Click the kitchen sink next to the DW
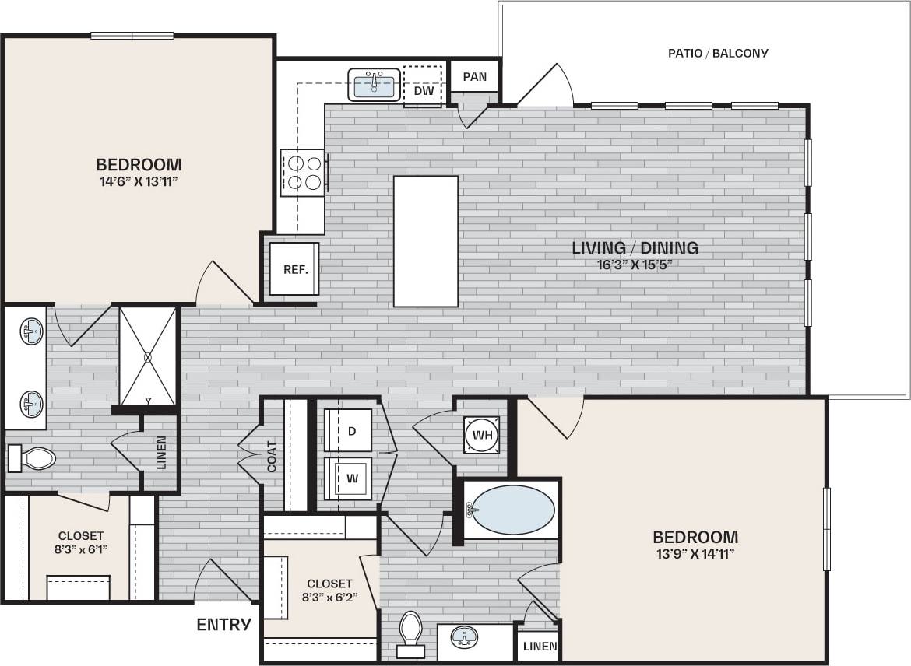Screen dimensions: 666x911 click(x=374, y=85)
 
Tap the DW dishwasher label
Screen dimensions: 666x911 click(x=423, y=91)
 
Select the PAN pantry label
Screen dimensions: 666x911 click(x=474, y=77)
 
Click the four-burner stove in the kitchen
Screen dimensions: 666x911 click(x=303, y=172)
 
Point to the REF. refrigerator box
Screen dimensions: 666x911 click(x=295, y=269)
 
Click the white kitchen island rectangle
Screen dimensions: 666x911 click(x=425, y=241)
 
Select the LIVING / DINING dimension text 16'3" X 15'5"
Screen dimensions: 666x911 click(x=635, y=264)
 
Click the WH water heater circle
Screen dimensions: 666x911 click(x=482, y=435)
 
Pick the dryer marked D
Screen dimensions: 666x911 click(x=349, y=431)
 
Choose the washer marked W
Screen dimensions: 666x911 click(x=349, y=478)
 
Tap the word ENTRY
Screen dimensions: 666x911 click(x=223, y=624)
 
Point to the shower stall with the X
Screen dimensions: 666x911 click(x=147, y=356)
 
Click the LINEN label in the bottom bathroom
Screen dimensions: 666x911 click(x=540, y=647)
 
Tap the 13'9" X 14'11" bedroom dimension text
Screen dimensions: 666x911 click(x=695, y=553)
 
